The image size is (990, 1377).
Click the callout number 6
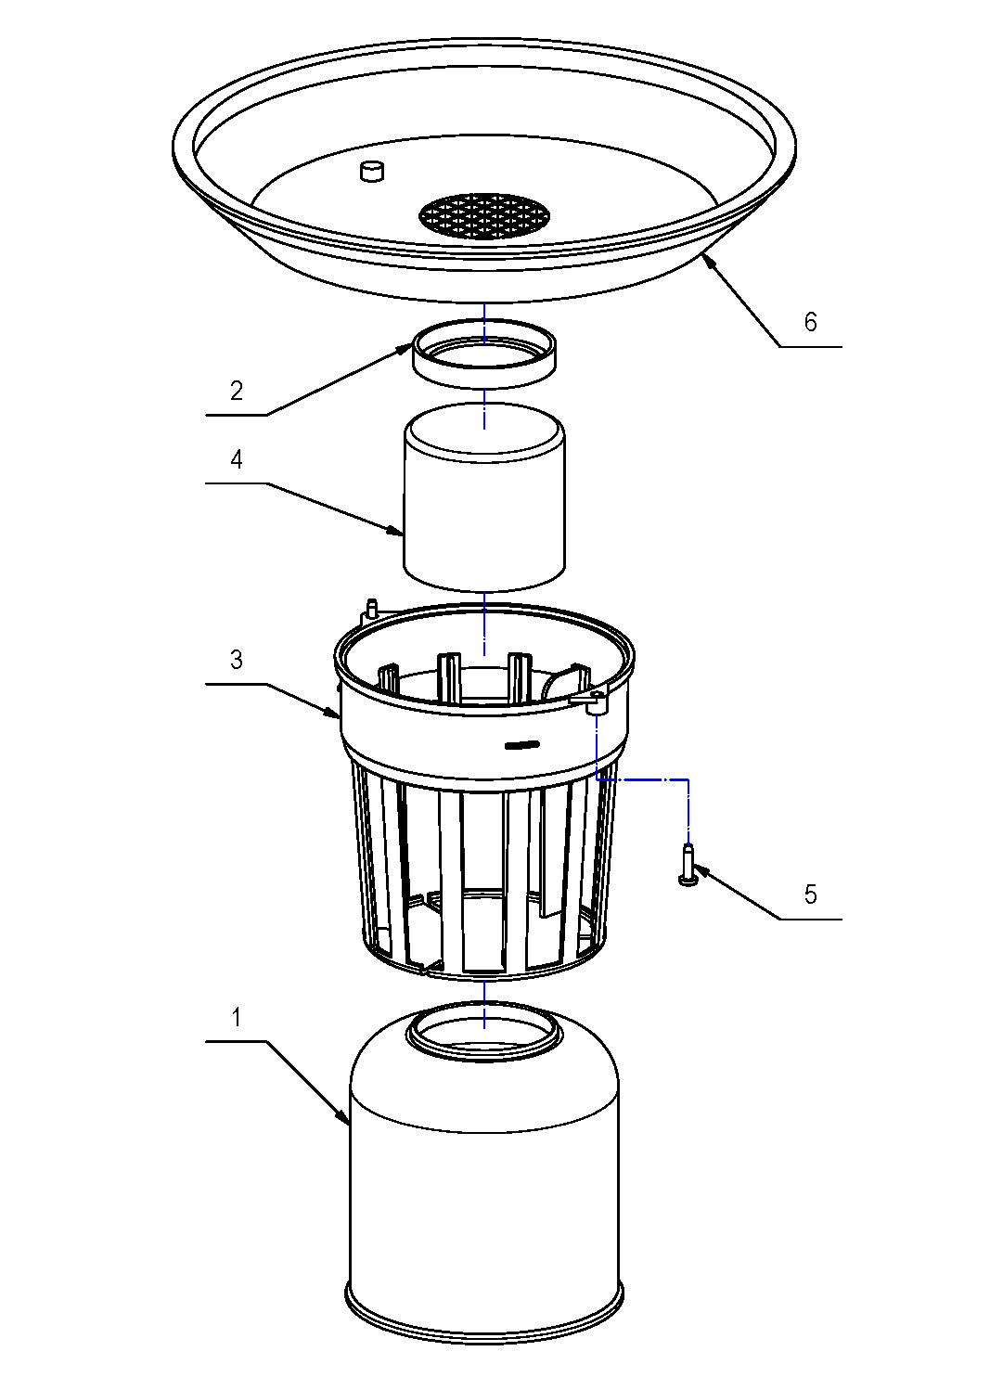pos(810,322)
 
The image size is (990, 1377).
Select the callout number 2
pos(237,391)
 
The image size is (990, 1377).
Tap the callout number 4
pos(237,459)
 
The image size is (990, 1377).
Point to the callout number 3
pos(237,660)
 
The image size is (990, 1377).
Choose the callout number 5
pos(810,894)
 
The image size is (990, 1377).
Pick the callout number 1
pos(237,1018)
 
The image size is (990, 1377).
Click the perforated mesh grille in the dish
pos(483,215)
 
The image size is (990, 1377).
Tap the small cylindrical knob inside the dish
pos(372,171)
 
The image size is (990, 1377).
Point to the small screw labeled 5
pos(687,865)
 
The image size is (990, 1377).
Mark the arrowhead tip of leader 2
pos(413,345)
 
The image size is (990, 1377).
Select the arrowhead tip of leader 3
pos(341,717)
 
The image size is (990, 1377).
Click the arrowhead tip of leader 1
pos(349,1125)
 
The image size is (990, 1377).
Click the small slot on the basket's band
pos(521,744)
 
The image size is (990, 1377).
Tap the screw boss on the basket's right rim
pos(596,702)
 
